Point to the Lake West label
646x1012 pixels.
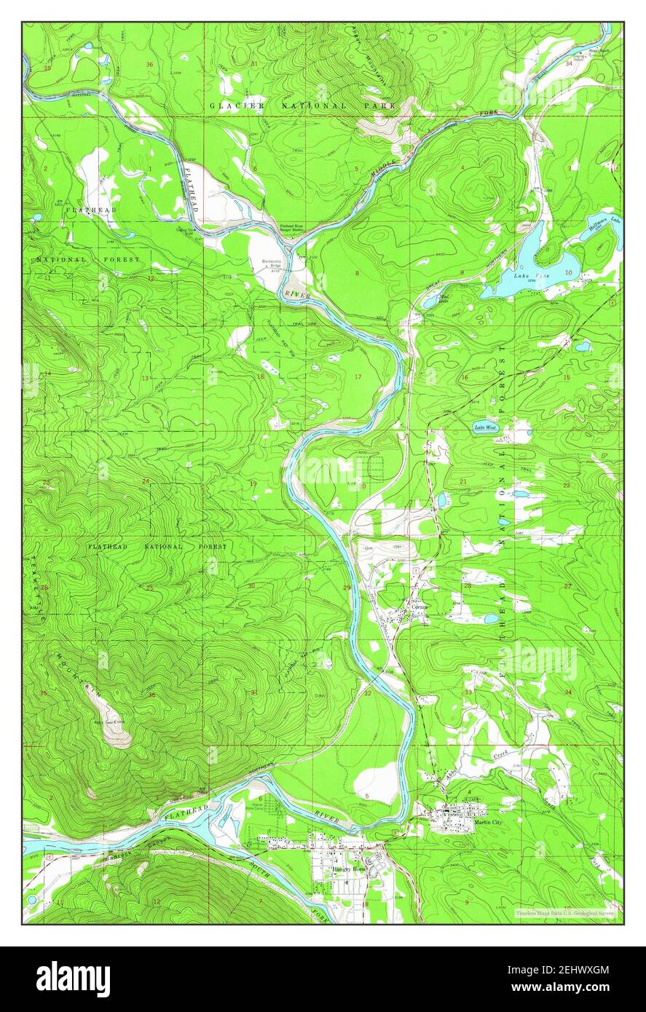coord(485,427)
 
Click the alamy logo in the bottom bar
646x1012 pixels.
coord(74,979)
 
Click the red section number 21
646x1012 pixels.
coord(462,482)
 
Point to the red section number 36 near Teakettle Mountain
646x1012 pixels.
coord(151,695)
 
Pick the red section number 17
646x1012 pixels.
coord(358,376)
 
